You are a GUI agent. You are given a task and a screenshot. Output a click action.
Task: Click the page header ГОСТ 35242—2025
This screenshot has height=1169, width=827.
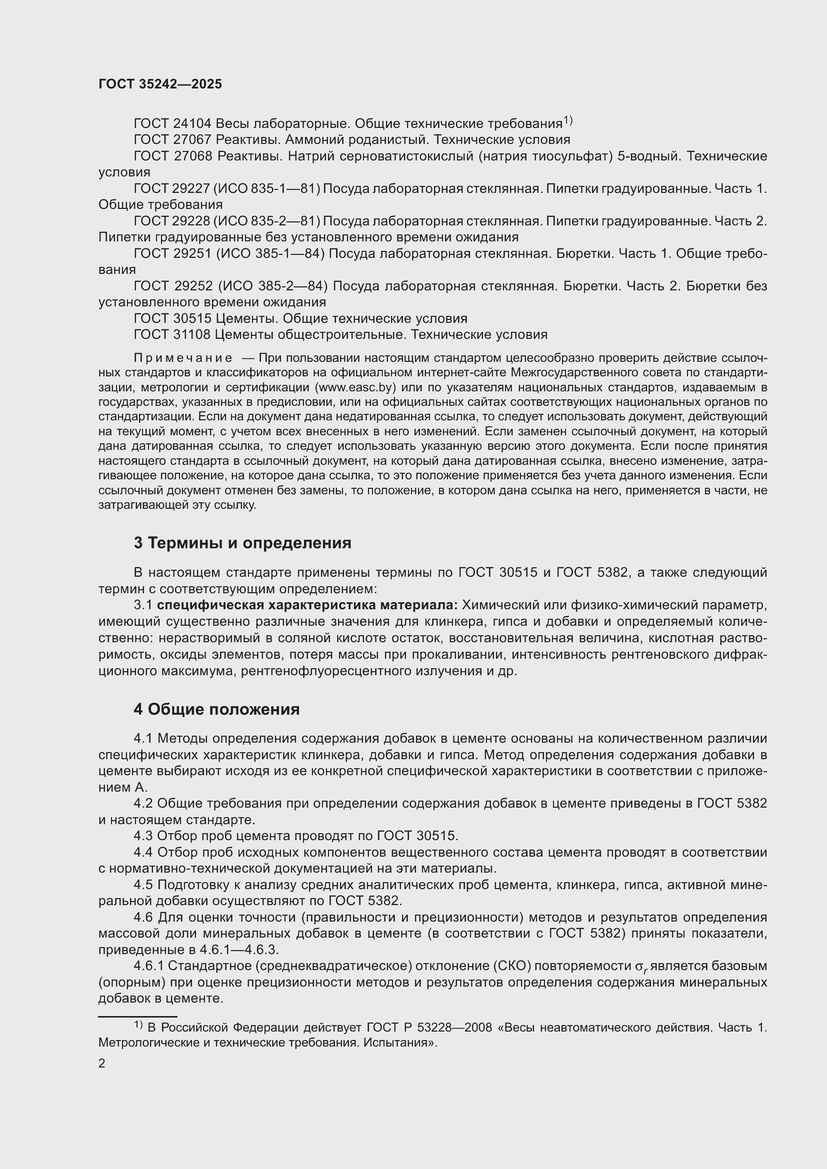point(160,84)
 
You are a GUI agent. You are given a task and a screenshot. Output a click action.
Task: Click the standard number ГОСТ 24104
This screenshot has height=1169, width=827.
point(172,124)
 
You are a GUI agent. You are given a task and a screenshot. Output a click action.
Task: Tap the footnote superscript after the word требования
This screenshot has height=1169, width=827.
point(568,120)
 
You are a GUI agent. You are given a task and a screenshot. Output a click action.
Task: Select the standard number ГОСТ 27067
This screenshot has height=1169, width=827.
point(172,139)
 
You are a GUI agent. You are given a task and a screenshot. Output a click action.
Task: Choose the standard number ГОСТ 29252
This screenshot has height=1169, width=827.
point(172,286)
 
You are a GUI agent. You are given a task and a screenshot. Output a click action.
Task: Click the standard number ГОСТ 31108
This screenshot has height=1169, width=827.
point(172,334)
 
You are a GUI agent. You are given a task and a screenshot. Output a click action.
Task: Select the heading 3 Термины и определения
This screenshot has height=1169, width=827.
point(242,543)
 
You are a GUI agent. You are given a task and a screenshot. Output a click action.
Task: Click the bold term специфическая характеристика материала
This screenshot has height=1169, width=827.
point(307,605)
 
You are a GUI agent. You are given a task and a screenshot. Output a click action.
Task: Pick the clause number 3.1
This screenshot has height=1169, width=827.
point(143,605)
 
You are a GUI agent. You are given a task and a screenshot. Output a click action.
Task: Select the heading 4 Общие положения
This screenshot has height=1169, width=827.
point(216,709)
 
